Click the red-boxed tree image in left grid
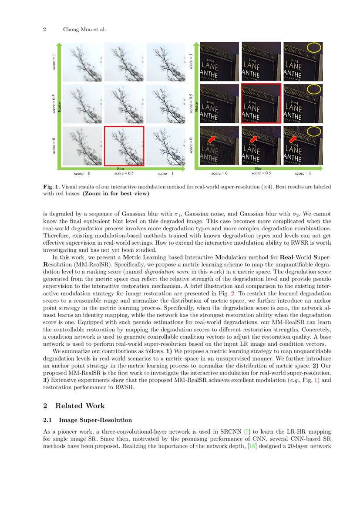click(124, 146)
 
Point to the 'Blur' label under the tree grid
click(121, 169)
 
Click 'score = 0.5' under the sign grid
click(259, 173)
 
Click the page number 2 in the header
click(44, 30)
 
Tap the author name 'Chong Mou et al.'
click(84, 30)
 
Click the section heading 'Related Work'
click(80, 406)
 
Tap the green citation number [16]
click(252, 446)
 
